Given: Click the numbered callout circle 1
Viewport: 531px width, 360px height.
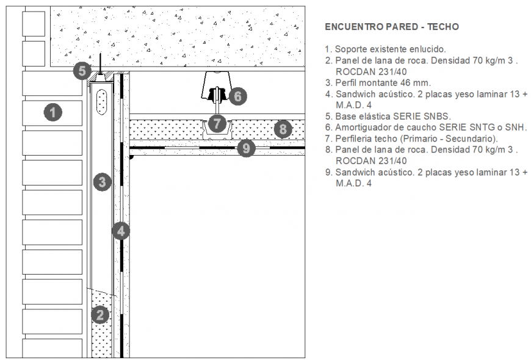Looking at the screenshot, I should [54, 112].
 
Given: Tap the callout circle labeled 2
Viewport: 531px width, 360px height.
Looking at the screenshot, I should [100, 315].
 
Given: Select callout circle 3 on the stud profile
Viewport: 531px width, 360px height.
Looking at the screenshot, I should [103, 181].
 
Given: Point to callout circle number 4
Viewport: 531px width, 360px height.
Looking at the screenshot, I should [121, 231].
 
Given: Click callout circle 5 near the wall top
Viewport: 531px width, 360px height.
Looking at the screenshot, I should [82, 71].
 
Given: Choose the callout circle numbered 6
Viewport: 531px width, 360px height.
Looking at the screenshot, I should [237, 96].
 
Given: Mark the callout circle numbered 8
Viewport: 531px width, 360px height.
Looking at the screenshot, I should [282, 129].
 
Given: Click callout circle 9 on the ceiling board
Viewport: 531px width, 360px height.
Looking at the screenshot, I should [245, 148].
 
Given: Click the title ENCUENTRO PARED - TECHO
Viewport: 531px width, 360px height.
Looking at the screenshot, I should [391, 27].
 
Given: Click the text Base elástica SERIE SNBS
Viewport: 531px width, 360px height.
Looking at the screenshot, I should [393, 116].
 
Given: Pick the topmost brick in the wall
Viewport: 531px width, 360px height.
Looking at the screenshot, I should [34, 24].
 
